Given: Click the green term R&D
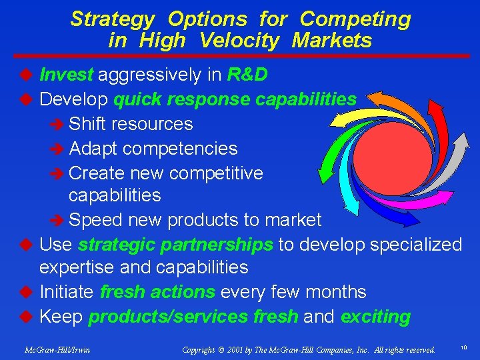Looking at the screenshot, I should click(x=247, y=75).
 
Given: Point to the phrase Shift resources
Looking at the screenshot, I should click(x=131, y=124).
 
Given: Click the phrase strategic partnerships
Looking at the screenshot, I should click(x=175, y=245).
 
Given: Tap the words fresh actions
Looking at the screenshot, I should click(x=157, y=292).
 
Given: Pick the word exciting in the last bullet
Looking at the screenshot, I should click(x=375, y=317).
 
